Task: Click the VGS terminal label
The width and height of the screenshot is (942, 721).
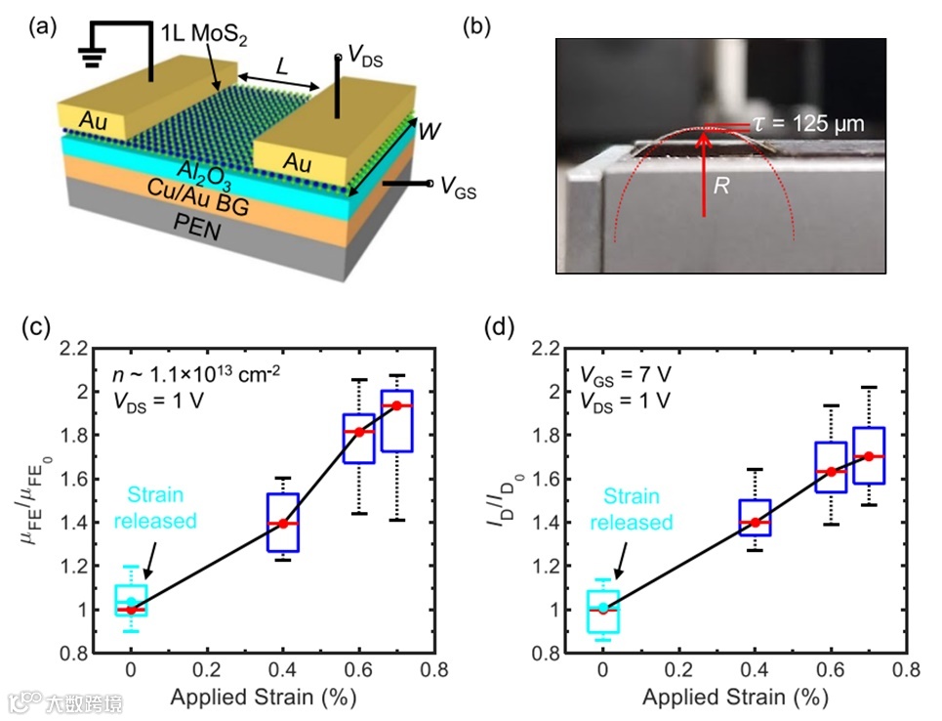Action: (458, 186)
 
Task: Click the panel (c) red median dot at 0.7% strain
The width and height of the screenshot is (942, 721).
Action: (397, 405)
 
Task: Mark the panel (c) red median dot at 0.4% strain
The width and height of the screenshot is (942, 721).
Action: (283, 524)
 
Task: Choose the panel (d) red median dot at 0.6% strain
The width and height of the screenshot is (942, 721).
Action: (832, 472)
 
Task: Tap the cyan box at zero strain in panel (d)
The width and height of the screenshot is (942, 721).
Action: (602, 612)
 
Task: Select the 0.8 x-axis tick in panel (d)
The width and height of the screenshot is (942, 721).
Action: (908, 672)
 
